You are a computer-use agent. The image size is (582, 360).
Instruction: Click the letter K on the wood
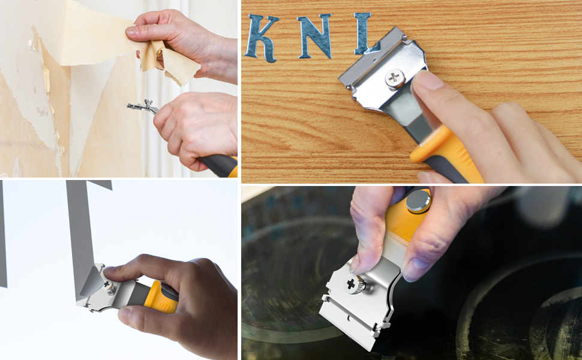pos(262,38)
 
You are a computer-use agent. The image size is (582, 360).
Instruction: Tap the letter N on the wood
pos(315,36)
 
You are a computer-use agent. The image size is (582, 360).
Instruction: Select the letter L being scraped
pos(365,34)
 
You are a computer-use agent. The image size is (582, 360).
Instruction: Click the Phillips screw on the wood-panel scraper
pos(395,78)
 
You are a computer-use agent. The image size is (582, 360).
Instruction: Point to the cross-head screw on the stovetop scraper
pos(351,284)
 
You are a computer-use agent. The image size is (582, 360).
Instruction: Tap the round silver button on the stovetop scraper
pos(419,201)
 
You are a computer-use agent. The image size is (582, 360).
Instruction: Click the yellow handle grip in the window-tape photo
pos(162,296)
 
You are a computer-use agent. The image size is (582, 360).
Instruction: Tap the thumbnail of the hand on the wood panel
pos(427,80)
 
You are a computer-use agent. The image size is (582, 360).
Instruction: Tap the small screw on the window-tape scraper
pos(108,286)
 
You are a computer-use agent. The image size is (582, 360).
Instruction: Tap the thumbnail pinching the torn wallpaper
pos(132,31)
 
